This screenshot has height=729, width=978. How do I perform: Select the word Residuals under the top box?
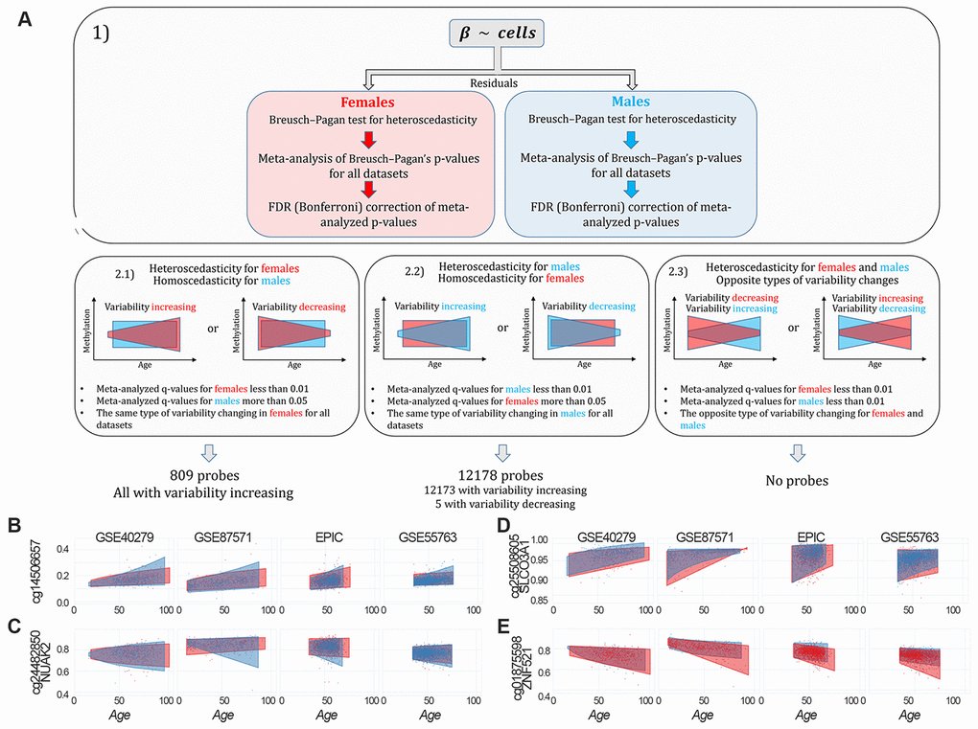pos(496,83)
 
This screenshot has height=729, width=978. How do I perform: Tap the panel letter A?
pos(26,18)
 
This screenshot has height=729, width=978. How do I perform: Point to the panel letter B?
pos(15,527)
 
